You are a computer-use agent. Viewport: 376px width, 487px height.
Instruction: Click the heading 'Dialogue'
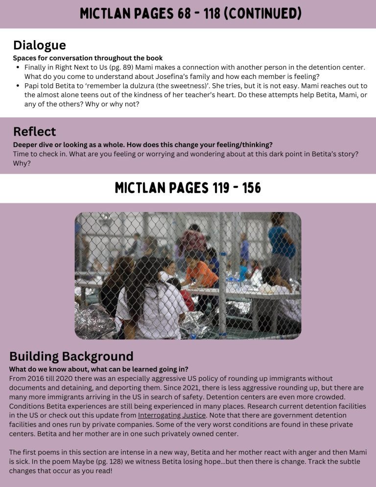[x=39, y=46]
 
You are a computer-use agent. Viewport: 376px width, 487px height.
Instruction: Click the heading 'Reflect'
[x=34, y=132]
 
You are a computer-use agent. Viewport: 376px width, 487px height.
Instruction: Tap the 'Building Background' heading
[x=71, y=356]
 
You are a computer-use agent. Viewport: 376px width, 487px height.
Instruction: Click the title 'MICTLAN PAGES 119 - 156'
[x=188, y=188]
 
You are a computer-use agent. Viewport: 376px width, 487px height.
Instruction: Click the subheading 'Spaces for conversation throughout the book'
[x=88, y=58]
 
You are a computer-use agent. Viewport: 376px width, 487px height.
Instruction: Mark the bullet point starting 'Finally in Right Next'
[x=18, y=67]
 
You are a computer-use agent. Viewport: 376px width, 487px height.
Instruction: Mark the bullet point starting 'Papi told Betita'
[x=18, y=86]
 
